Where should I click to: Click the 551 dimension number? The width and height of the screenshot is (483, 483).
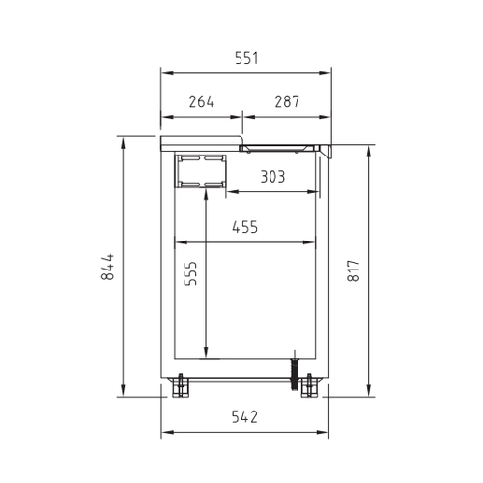246,58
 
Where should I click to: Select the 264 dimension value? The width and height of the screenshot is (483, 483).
202,101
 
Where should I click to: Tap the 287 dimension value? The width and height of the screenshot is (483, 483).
287,101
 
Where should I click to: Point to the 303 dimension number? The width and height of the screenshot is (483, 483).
272,177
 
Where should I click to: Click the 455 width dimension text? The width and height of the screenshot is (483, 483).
245,227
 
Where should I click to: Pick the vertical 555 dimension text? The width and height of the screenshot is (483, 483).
190,273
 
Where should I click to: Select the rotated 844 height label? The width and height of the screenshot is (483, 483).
108,267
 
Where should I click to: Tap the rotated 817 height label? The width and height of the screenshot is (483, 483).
354,271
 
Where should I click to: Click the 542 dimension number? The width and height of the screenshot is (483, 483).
244,417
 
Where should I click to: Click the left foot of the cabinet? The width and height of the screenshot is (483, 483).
180,385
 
